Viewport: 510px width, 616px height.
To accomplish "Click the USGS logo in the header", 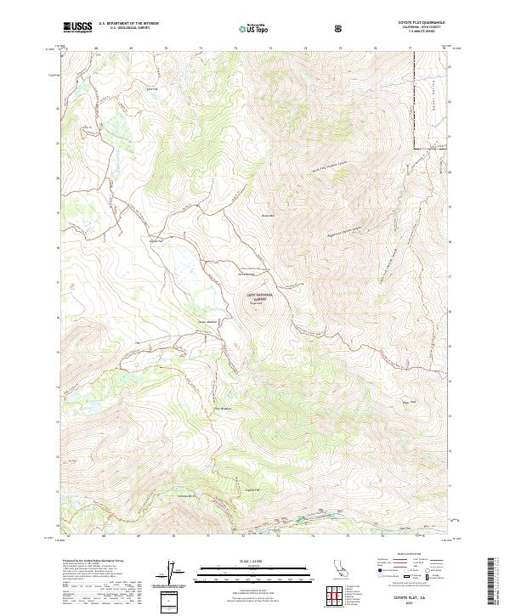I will point(77,27).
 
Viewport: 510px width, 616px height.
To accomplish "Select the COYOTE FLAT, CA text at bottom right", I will point(422,598).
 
